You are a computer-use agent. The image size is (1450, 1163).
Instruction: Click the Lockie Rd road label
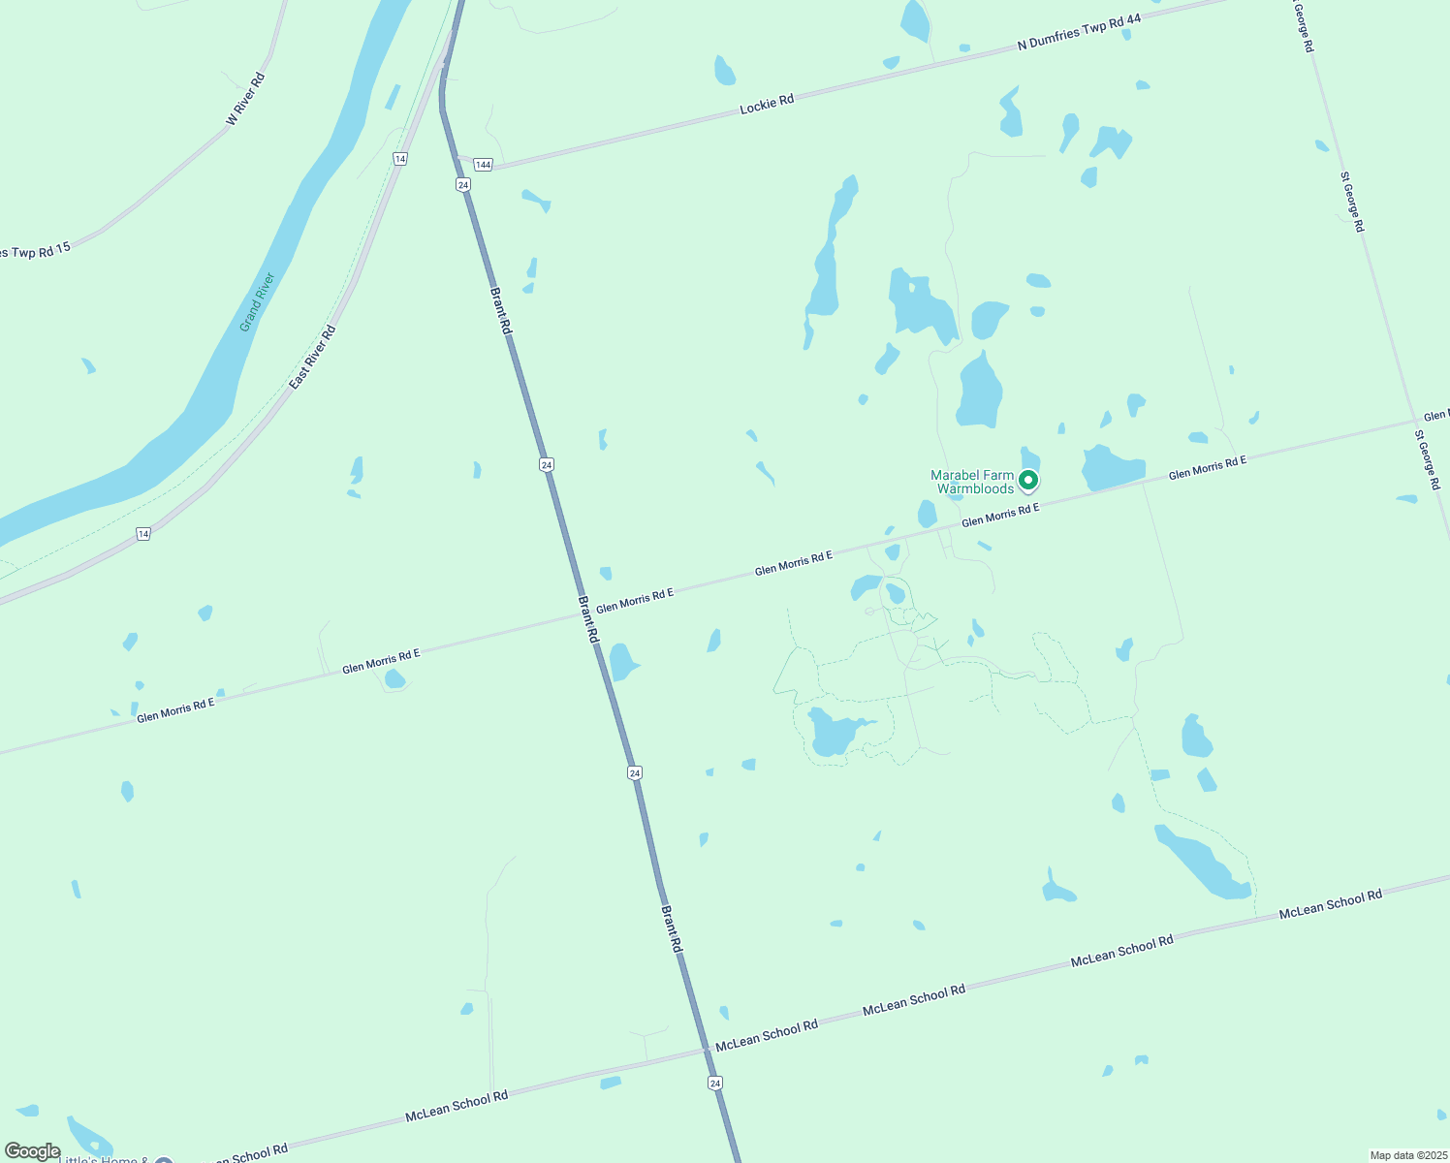(767, 103)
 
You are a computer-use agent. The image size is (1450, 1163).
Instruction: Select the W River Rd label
(245, 98)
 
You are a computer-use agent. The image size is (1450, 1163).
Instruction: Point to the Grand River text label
(258, 301)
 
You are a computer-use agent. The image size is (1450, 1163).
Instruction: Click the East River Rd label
(312, 358)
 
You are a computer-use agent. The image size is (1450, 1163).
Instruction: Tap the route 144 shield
(484, 165)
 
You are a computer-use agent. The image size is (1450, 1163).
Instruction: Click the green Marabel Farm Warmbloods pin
(1028, 480)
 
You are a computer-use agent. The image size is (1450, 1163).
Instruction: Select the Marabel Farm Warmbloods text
(972, 482)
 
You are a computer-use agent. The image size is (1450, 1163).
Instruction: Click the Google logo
(32, 1151)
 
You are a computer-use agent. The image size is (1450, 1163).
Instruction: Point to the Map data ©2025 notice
(1407, 1155)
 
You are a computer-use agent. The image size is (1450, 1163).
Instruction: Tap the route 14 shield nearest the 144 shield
(400, 158)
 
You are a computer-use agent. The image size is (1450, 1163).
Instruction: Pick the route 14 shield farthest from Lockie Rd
(143, 534)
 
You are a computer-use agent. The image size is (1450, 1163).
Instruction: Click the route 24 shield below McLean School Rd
(715, 1083)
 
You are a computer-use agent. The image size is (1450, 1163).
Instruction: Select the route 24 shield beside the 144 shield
(463, 184)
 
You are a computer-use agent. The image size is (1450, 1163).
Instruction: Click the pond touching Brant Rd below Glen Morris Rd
(622, 662)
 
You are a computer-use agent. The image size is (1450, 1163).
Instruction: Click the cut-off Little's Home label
(102, 1159)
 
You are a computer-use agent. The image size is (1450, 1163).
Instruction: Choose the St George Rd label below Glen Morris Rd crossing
(1428, 458)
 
